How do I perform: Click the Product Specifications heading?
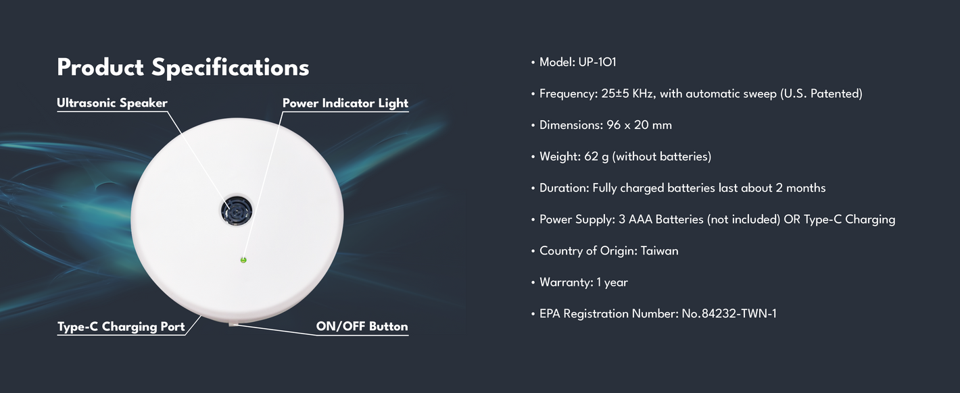pyautogui.click(x=183, y=68)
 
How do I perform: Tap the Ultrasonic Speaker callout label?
pyautogui.click(x=112, y=103)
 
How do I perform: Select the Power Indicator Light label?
pyautogui.click(x=345, y=103)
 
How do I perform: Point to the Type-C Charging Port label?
pyautogui.click(x=121, y=327)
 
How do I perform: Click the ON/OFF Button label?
pyautogui.click(x=362, y=326)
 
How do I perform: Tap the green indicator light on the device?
pyautogui.click(x=243, y=260)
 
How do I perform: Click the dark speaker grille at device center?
pyautogui.click(x=237, y=211)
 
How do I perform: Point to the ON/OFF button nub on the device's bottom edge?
pyautogui.click(x=233, y=325)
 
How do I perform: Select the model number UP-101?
pyautogui.click(x=597, y=62)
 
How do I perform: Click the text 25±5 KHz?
pyautogui.click(x=627, y=94)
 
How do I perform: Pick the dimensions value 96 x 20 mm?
pyautogui.click(x=639, y=125)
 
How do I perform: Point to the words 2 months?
pyautogui.click(x=800, y=188)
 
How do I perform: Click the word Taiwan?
pyautogui.click(x=659, y=251)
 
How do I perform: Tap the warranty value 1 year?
pyautogui.click(x=612, y=282)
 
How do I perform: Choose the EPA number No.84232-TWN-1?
pyautogui.click(x=729, y=314)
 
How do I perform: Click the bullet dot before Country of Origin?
pyautogui.click(x=533, y=251)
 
